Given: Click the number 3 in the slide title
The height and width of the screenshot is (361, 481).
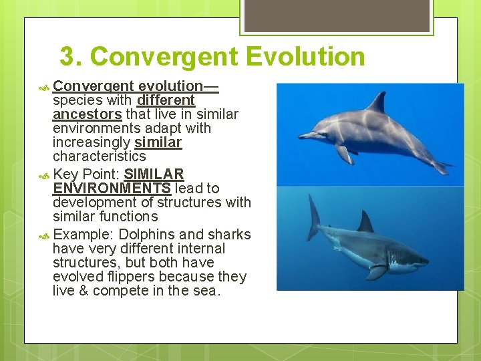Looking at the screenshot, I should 67,57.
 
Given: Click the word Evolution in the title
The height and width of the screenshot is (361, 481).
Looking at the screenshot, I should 305,57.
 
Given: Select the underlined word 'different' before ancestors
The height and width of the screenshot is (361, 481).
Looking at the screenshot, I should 166,100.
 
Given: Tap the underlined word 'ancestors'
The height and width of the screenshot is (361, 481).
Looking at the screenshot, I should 87,114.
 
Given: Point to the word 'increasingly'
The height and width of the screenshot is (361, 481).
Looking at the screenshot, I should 92,142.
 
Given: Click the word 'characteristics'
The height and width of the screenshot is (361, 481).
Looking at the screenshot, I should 99,156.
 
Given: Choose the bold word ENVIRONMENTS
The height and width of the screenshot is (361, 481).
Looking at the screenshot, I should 112,189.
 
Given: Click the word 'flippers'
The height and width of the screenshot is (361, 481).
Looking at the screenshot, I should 140,277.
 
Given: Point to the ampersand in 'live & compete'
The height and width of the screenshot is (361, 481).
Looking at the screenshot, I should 84,291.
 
